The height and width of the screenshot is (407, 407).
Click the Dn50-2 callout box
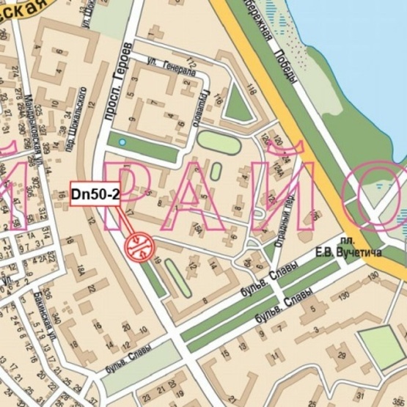coord(95,194)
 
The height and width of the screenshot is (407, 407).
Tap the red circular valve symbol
coord(139,246)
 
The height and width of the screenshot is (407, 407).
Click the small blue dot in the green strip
coord(122,142)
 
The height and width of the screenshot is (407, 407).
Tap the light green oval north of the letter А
coord(219,142)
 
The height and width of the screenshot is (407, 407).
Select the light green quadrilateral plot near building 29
coord(381,346)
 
